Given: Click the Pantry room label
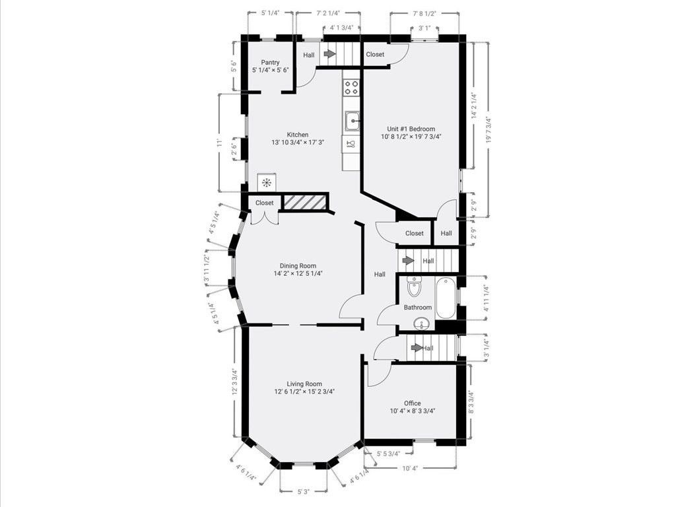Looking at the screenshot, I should point(270,63).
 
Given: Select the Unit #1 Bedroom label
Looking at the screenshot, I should point(411,129).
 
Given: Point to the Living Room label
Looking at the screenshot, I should point(304,384).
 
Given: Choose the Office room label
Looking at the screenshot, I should point(412,403).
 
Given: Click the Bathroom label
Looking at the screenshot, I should point(418,308).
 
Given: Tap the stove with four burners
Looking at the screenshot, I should point(352,88).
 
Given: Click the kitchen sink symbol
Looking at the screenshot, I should point(352,121).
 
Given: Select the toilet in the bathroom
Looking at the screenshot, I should point(414,287).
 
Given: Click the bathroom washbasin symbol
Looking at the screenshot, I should point(421,323).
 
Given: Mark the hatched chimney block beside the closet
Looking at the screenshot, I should point(305,203).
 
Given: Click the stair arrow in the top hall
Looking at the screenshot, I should point(329,54).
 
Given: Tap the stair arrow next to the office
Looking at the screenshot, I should point(417,348).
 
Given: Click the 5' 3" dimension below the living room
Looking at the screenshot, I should point(304,492).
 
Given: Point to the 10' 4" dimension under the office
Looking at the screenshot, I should point(410,468).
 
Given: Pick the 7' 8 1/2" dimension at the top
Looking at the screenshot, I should point(424,13).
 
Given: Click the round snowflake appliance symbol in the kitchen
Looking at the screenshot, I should point(267,183).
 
